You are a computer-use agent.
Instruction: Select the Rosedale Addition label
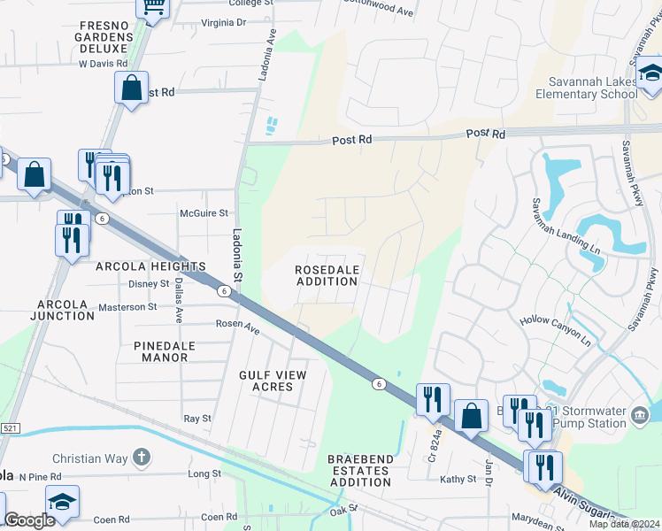point(327,275)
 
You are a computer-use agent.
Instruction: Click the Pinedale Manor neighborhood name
point(160,351)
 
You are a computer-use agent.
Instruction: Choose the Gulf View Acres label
point(273,381)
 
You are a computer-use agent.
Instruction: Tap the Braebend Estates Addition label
point(358,471)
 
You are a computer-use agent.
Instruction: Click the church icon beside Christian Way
point(140,458)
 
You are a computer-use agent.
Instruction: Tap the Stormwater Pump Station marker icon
point(640,414)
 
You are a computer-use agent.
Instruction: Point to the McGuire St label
point(204,213)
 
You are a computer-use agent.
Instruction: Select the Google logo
point(29,520)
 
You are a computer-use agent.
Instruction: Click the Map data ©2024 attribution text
point(624,525)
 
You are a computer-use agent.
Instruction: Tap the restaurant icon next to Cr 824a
point(433,398)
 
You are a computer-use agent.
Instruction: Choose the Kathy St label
point(458,479)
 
